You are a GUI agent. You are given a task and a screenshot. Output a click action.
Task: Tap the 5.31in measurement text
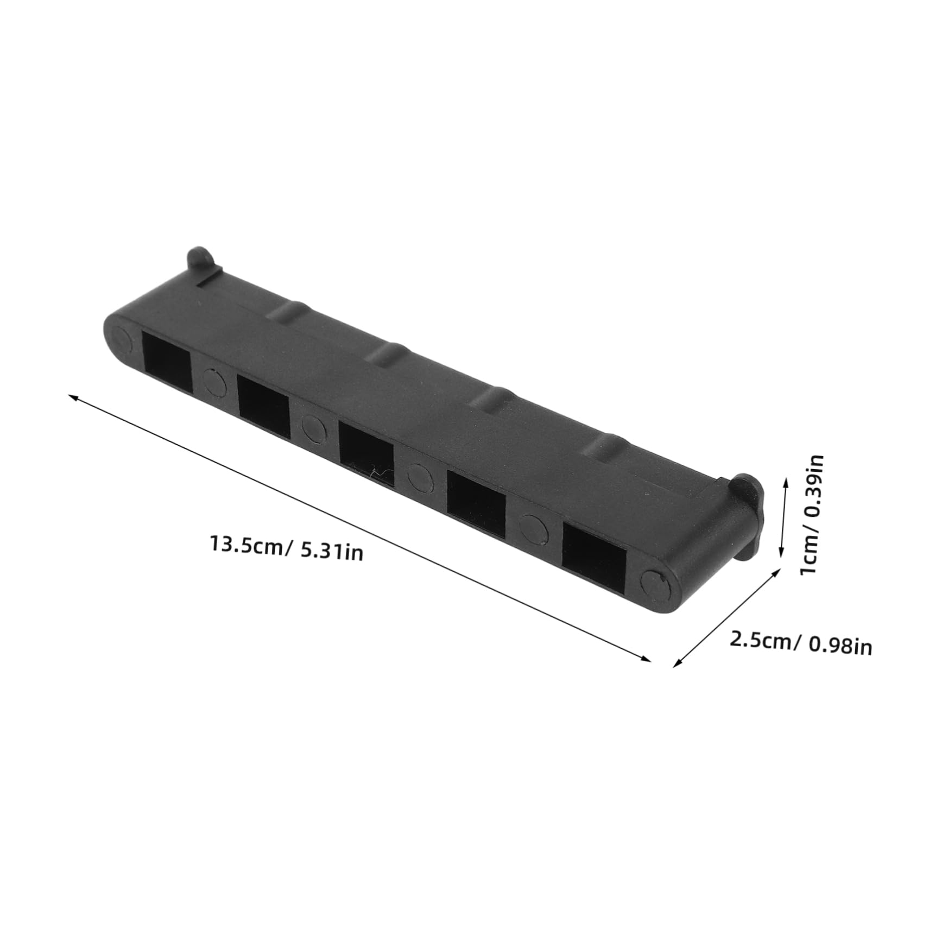pyautogui.click(x=331, y=552)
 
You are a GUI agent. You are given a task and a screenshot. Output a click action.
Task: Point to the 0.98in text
pyautogui.click(x=840, y=646)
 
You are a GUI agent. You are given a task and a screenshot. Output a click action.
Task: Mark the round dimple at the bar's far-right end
pyautogui.click(x=656, y=583)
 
